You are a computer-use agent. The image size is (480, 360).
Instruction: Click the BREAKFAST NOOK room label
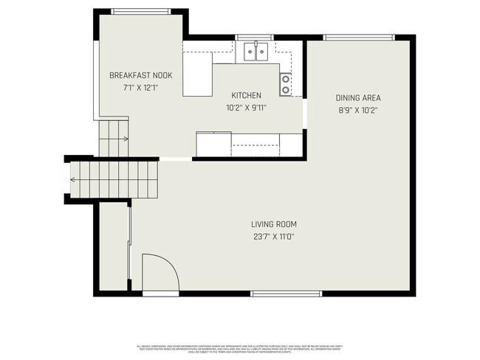(x=140, y=75)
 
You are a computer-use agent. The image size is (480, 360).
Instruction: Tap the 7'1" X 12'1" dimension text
(x=140, y=87)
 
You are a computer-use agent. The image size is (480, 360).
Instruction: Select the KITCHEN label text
(x=247, y=96)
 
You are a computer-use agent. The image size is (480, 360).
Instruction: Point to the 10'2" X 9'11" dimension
(x=247, y=108)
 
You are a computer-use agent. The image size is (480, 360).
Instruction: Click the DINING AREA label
(x=358, y=97)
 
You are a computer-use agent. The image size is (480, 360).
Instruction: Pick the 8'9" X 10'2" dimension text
(x=358, y=110)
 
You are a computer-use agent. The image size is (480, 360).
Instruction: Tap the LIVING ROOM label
(x=274, y=224)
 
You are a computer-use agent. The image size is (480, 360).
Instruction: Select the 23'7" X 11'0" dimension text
(x=274, y=237)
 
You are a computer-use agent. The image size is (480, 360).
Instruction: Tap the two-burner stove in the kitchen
(x=285, y=85)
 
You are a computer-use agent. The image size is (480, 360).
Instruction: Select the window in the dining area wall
(x=360, y=38)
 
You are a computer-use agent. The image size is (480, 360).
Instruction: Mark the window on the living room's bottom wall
(x=287, y=294)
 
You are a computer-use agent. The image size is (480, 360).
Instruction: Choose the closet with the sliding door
(x=114, y=247)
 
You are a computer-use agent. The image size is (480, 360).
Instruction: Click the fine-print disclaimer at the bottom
(x=240, y=347)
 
